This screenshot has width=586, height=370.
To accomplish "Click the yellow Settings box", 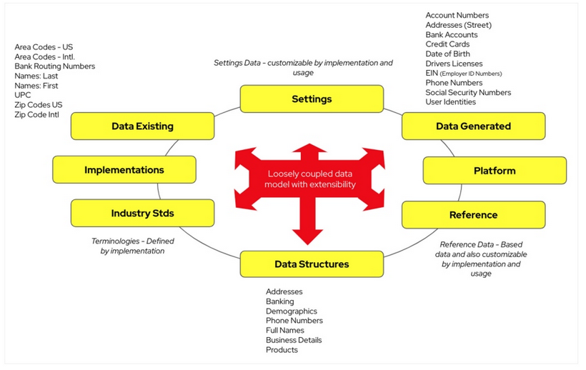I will coord(312,99).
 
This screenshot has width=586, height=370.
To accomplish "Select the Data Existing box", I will coord(142,126).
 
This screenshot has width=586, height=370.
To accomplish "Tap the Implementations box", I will coord(124,170).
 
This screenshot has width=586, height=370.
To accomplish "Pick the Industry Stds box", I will coord(142,213).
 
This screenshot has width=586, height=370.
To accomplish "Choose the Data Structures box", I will coord(312,264).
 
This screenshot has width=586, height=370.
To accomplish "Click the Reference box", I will coord(473,214).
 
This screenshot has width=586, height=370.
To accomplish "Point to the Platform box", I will coord(495,171).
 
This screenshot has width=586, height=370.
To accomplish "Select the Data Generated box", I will coord(473,126).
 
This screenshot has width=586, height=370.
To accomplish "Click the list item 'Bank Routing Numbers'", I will coord(54,66).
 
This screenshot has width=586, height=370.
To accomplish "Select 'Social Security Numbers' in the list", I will coord(468,93).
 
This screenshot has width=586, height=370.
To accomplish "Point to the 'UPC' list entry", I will coord(22,95).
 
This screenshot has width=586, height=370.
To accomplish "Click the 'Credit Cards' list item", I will coord(447,44).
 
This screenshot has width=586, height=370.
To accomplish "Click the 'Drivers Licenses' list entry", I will coord(454,64).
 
